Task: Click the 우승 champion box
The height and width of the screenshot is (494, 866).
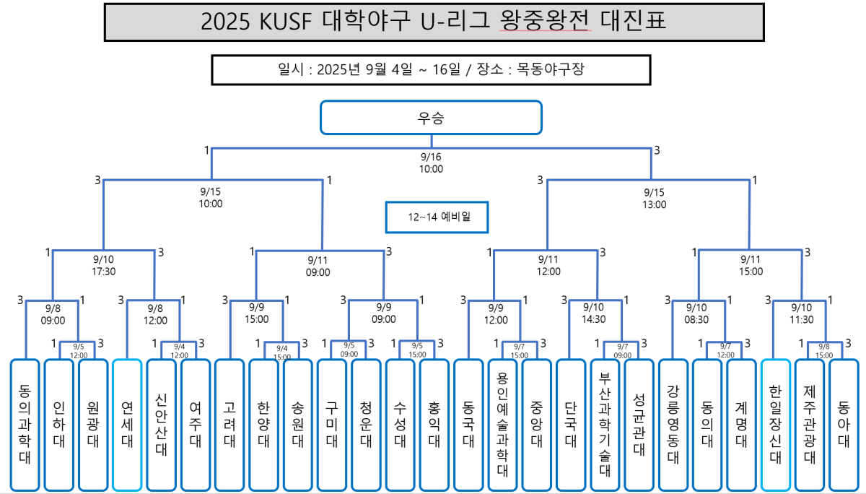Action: [431, 117]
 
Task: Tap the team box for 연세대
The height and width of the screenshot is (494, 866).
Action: [127, 425]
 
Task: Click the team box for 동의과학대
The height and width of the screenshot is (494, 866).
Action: [25, 425]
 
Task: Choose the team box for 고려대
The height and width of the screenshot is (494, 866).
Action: [229, 425]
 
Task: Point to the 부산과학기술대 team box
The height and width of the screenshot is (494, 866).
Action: [605, 425]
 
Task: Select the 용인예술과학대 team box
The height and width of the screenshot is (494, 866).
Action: [503, 425]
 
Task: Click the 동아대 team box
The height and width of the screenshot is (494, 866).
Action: [844, 425]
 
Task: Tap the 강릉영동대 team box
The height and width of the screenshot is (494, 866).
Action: [673, 425]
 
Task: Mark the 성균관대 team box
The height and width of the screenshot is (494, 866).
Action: [639, 425]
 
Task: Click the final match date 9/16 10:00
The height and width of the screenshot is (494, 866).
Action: [431, 163]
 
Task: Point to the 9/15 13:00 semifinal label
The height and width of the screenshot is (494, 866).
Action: [654, 198]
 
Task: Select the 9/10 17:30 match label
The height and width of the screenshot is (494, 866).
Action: [103, 266]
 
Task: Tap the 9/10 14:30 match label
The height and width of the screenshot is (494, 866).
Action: [593, 313]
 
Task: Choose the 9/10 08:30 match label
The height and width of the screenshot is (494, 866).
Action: [697, 313]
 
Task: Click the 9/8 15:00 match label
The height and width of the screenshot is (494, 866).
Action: [824, 351]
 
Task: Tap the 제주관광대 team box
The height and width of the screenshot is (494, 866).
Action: [810, 425]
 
